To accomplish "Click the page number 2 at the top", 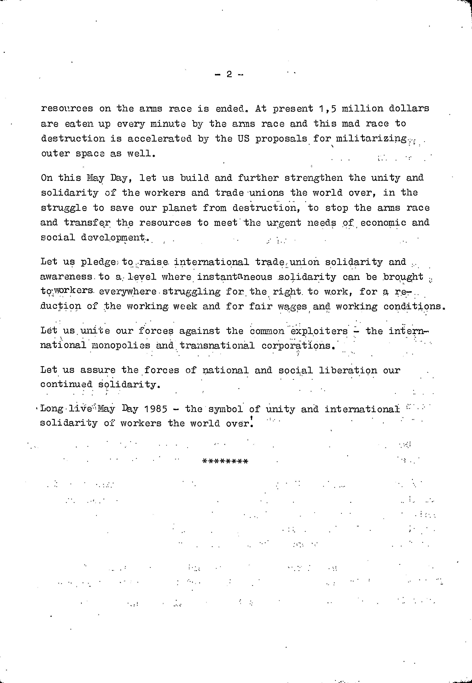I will click(229, 74).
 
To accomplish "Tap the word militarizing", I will click(371, 139).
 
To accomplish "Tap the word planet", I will click(180, 208).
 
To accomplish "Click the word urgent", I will click(284, 223).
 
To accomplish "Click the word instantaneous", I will click(234, 277).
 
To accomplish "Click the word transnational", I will click(217, 346).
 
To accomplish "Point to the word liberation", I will click(348, 370).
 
